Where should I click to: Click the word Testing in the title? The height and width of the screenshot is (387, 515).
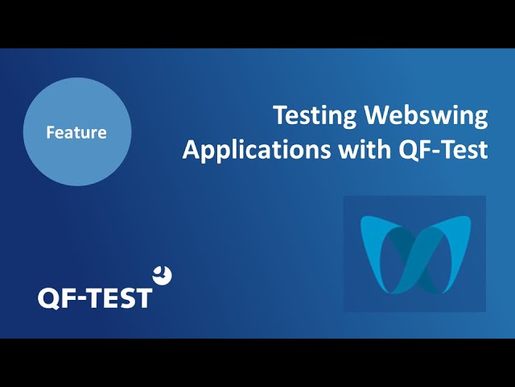(315, 116)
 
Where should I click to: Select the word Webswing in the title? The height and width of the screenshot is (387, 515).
(426, 116)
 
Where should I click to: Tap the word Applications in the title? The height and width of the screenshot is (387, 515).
(257, 150)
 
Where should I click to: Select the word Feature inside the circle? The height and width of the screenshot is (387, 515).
(76, 132)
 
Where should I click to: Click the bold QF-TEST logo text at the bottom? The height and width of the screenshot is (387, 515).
(95, 298)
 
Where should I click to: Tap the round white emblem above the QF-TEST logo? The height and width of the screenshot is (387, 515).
(163, 275)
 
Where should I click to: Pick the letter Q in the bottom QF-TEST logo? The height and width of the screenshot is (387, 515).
(48, 298)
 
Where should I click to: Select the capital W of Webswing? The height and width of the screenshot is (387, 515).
(379, 115)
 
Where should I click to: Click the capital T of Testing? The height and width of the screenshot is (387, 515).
(282, 115)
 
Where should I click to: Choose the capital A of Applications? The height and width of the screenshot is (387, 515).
(192, 149)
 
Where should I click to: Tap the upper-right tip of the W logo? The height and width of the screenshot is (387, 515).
(470, 218)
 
